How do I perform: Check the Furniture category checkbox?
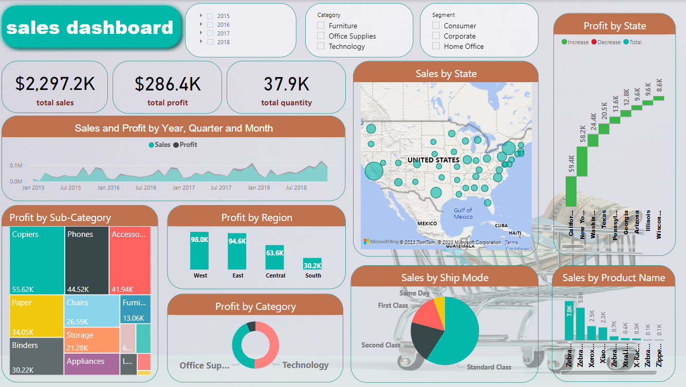coord(321,26)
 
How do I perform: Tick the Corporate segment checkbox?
coord(436,36)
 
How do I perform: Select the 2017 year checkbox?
coord(210,33)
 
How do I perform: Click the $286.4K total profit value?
coord(168,84)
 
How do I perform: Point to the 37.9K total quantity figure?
coord(286,84)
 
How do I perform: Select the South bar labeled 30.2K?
coord(312,264)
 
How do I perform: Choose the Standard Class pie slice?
coord(455,334)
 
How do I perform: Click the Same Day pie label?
coord(415,293)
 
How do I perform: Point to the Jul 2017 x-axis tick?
coord(222,188)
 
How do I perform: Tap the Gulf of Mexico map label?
coord(463,213)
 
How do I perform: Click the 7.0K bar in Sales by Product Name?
coord(569,321)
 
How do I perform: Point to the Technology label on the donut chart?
coord(305,365)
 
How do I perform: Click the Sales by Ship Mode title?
coord(444,278)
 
